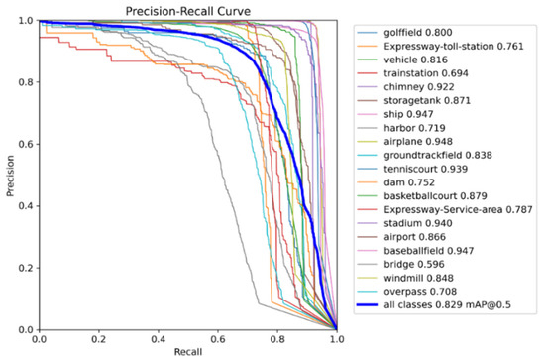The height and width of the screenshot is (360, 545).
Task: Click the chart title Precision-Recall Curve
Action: (x=187, y=11)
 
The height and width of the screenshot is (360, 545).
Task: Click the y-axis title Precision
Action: (x=10, y=176)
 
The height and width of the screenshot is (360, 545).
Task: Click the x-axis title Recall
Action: (x=187, y=352)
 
